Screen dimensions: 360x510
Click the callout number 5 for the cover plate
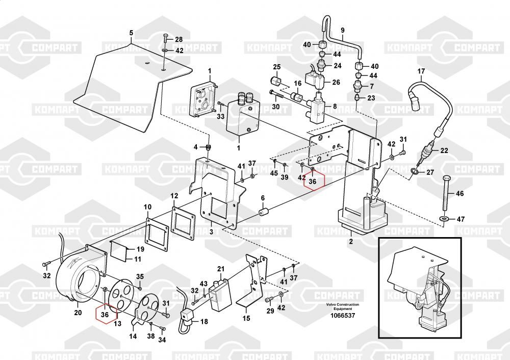131,33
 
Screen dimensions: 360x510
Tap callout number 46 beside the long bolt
460,194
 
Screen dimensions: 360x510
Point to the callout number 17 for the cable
421,71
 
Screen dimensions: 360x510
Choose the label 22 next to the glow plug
444,150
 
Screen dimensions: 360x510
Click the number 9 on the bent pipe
342,30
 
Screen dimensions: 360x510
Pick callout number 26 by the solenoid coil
336,82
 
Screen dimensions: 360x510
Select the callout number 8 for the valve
335,106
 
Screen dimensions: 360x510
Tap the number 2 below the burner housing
351,241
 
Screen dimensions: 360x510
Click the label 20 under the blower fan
78,313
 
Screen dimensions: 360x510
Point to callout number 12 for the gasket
174,196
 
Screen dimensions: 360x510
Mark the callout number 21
220,269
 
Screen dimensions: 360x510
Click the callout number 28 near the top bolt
178,39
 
